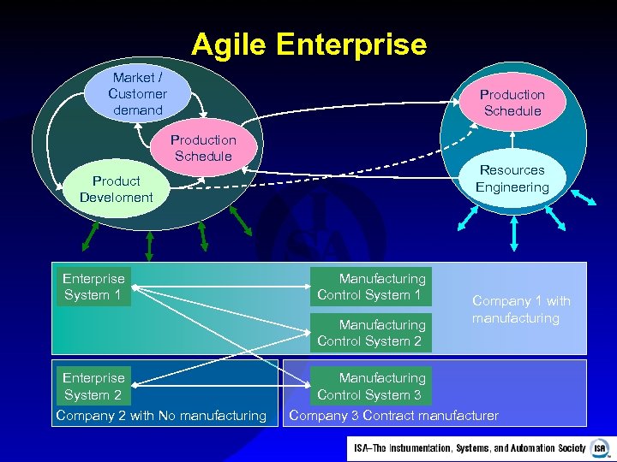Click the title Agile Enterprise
(x=308, y=44)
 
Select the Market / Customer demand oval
(x=137, y=93)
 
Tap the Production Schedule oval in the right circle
(x=512, y=103)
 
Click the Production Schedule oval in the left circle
(x=203, y=148)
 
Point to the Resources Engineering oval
(x=512, y=179)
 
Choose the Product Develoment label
(x=116, y=189)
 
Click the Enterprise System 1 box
(x=93, y=287)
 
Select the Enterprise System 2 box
(x=93, y=386)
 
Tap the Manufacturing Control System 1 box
(x=370, y=287)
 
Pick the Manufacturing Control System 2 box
(x=370, y=333)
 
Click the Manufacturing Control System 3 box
(x=370, y=386)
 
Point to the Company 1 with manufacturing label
(x=521, y=309)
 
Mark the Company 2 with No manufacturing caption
(x=161, y=416)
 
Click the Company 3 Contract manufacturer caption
(x=394, y=416)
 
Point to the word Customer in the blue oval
(x=137, y=93)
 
